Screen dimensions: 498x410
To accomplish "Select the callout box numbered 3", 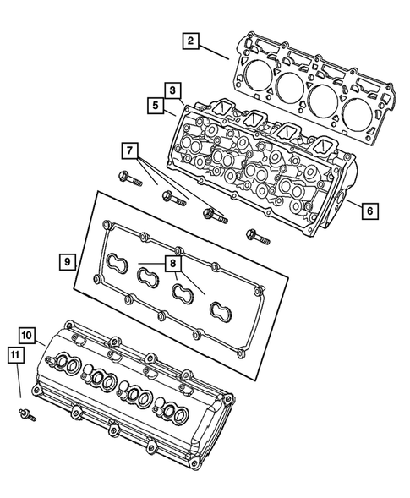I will pyautogui.click(x=172, y=90).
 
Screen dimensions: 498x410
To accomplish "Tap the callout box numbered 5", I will pyautogui.click(x=156, y=106).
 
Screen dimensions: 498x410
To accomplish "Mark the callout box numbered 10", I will pyautogui.click(x=27, y=337).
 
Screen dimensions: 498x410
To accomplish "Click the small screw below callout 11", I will pyautogui.click(x=25, y=412).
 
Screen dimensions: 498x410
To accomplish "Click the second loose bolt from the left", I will pyautogui.click(x=171, y=199).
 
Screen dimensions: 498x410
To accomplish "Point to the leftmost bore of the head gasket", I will pyautogui.click(x=254, y=72).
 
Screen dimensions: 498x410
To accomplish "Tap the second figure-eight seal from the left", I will pyautogui.click(x=150, y=276).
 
